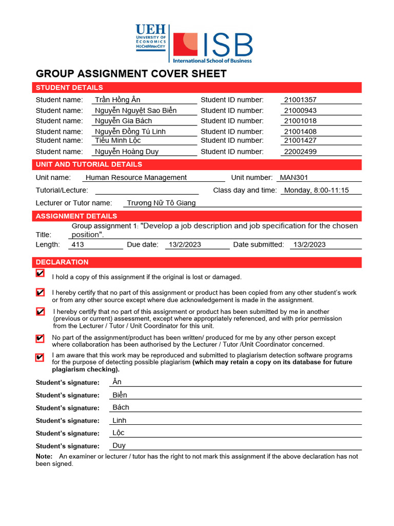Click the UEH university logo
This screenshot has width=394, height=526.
150,37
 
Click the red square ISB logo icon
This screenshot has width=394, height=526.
185,45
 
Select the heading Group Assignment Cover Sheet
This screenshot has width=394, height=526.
131,73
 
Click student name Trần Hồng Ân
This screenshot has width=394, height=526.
117,100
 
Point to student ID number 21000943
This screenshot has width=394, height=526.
300,110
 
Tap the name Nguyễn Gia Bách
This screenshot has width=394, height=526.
123,121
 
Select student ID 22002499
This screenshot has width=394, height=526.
300,152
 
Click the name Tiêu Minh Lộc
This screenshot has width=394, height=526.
117,140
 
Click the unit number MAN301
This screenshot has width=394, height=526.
293,177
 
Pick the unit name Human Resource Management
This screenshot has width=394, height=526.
136,177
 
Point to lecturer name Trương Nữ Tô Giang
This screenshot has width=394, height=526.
161,203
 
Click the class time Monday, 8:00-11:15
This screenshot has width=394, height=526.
316,190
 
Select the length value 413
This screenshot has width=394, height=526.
78,245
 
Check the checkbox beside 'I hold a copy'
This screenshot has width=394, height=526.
40,273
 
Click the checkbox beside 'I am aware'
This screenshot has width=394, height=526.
40,358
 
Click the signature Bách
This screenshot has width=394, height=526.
121,407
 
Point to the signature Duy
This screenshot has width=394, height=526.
119,445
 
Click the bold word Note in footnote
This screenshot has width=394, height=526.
44,456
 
